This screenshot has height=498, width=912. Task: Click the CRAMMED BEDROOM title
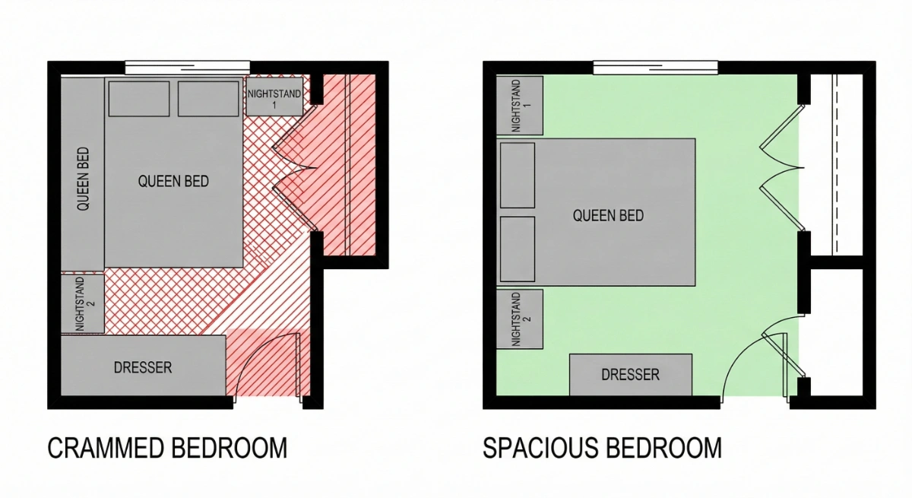(x=167, y=448)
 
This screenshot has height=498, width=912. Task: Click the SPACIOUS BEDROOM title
(x=602, y=448)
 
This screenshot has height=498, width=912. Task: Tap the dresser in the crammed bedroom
(x=143, y=368)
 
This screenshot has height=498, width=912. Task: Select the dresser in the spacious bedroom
(x=631, y=375)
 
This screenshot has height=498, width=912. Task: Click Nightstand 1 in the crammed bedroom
(x=274, y=96)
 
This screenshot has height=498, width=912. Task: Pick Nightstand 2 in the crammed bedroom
(x=82, y=303)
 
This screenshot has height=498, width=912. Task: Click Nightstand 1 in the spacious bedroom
(x=520, y=106)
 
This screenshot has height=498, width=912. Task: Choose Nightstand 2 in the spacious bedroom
(x=520, y=319)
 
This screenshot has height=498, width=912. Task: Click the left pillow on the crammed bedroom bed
(x=139, y=99)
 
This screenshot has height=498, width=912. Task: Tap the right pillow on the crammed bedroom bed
(x=208, y=99)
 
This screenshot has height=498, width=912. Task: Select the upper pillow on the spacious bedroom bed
(x=518, y=176)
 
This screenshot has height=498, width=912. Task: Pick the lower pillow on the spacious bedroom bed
(x=518, y=249)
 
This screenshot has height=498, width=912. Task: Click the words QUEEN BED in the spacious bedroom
(x=608, y=216)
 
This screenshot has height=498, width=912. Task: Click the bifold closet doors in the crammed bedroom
(x=293, y=171)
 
